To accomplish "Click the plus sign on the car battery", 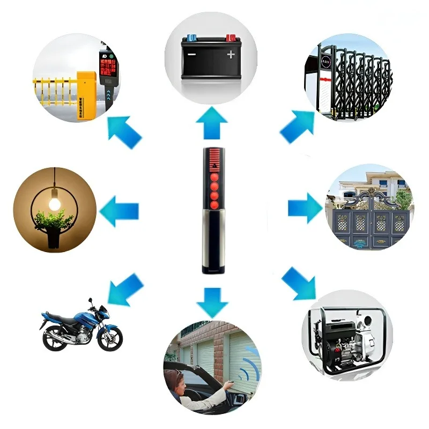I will pyautogui.click(x=231, y=54).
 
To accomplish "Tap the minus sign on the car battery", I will pyautogui.click(x=191, y=54).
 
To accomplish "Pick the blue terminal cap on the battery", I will pyautogui.click(x=190, y=38).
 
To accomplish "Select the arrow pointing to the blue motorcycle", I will pyautogui.click(x=125, y=289).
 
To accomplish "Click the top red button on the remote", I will pyautogui.click(x=213, y=168).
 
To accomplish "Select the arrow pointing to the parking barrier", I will pyautogui.click(x=124, y=131).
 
